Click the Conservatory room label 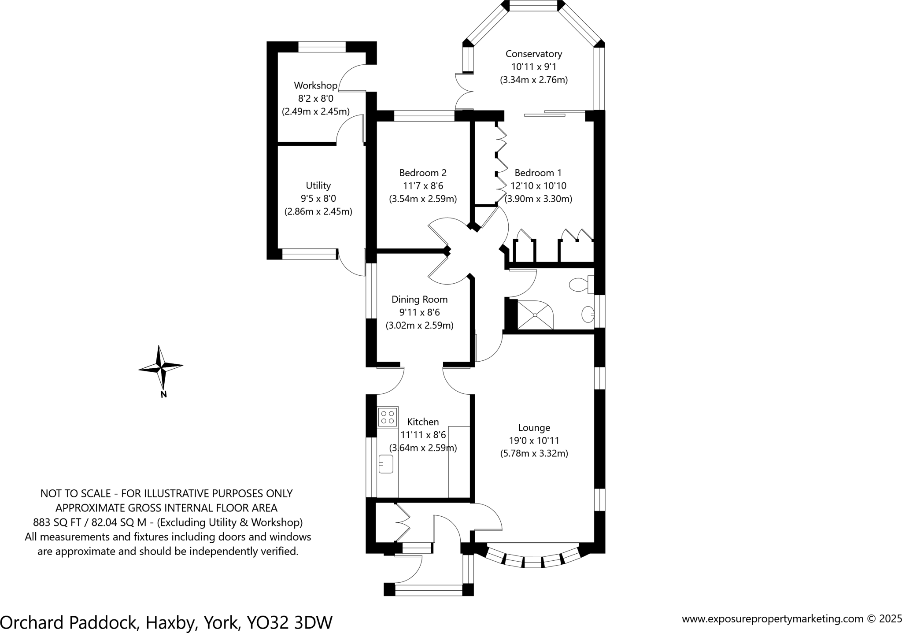point(533,54)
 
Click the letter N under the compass point(163,395)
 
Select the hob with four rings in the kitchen point(388,417)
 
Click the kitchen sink point(386,464)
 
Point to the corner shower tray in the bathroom point(535,315)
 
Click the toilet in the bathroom point(580,285)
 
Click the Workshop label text point(315,85)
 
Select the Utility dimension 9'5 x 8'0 point(318,199)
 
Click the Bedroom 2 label point(422,173)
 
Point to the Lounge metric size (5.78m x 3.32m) point(534,453)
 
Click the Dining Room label point(419,300)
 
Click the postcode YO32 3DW point(289,622)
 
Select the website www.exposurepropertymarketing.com point(773,619)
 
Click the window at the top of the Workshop point(322,47)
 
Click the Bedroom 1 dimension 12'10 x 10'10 point(538,186)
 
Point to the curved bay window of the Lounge point(532,562)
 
